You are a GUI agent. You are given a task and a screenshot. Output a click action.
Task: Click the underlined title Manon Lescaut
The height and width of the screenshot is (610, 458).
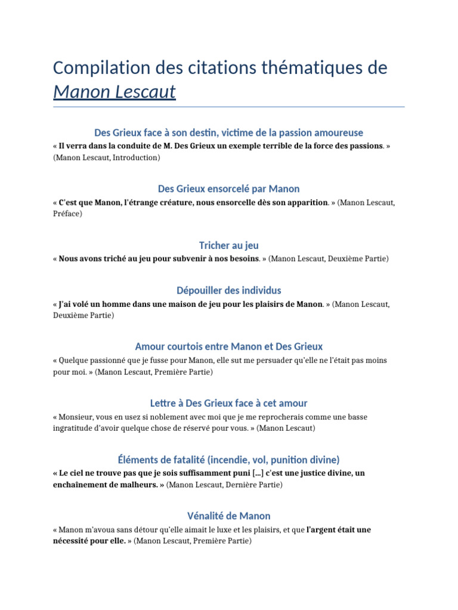point(114,92)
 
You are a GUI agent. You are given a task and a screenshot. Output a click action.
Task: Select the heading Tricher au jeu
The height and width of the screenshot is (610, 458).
point(229,245)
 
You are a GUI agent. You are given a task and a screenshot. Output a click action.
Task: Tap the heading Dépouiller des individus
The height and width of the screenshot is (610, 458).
point(229,290)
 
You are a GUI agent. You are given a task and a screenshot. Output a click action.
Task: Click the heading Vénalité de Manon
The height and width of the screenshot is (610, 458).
point(229,516)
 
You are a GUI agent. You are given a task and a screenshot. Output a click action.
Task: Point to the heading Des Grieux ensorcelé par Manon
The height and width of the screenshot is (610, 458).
point(229,189)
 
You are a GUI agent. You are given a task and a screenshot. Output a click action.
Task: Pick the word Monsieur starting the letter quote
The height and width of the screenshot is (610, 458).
point(78,417)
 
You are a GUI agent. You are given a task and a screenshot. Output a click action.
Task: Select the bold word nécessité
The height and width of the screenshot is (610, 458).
point(72,541)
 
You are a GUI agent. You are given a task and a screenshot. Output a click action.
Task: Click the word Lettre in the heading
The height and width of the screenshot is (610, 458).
point(165,403)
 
